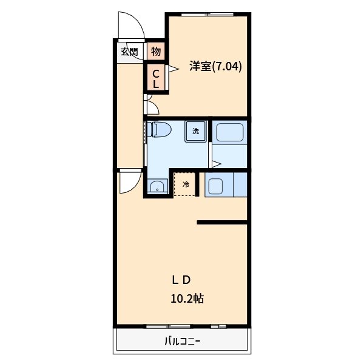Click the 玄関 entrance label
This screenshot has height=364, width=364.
[x=129, y=52]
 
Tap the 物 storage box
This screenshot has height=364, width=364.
[x=155, y=52]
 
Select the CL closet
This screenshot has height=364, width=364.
[x=155, y=79]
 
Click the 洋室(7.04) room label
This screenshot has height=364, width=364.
[x=215, y=67]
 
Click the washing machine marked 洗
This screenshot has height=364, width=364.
[x=195, y=131]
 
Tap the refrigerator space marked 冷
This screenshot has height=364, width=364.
[x=186, y=184]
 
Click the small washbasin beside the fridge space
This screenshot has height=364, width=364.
[x=157, y=186]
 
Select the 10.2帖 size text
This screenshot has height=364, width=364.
[x=186, y=298]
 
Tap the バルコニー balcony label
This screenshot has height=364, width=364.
[x=182, y=342]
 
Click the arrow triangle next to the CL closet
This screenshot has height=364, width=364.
[x=171, y=70]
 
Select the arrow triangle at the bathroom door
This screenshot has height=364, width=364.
[x=216, y=163]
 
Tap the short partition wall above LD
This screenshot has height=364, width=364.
[x=222, y=223]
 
